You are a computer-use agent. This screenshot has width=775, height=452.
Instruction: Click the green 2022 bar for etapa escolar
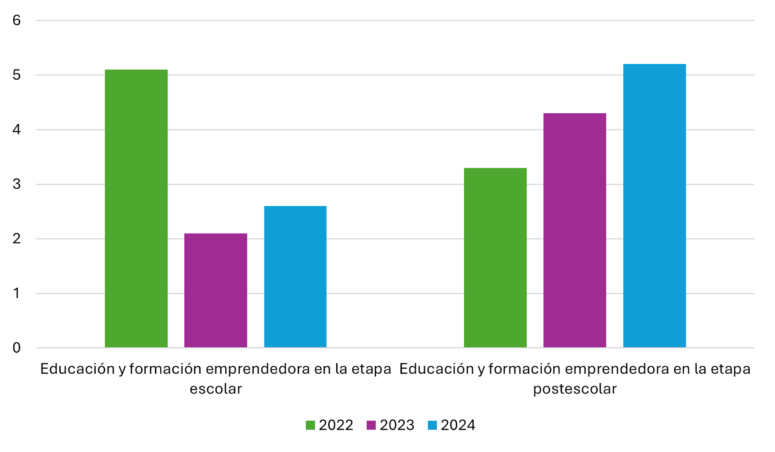(136, 208)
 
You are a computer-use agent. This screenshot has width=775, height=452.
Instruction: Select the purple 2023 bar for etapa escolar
(216, 290)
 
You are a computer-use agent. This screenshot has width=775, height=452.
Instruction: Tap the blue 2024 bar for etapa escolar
(295, 277)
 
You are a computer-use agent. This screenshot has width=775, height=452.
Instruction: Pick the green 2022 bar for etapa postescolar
(495, 258)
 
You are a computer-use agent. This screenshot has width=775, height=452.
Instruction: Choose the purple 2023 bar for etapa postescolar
(574, 230)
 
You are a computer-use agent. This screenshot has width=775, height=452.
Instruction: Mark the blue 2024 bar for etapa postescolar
(654, 206)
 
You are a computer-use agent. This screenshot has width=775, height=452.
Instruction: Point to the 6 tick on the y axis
(17, 20)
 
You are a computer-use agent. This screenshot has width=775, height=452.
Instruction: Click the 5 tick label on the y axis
(17, 75)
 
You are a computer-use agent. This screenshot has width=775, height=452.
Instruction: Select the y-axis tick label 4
(17, 129)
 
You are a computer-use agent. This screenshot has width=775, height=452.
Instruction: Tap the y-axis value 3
(17, 184)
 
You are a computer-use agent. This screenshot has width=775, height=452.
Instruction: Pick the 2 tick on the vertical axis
(17, 239)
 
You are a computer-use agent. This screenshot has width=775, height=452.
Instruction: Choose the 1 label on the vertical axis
(17, 293)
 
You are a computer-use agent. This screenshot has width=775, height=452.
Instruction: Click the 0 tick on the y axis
(17, 348)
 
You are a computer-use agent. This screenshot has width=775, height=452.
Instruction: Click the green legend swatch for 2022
(310, 425)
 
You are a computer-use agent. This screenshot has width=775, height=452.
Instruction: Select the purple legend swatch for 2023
(371, 425)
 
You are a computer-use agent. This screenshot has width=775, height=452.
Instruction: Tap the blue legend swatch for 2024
(432, 425)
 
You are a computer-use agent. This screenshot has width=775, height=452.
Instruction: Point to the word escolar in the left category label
(216, 389)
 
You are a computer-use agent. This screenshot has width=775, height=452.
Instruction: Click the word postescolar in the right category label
(574, 389)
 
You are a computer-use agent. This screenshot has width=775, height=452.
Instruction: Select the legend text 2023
(397, 425)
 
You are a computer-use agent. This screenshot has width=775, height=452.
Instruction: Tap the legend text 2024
(458, 425)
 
